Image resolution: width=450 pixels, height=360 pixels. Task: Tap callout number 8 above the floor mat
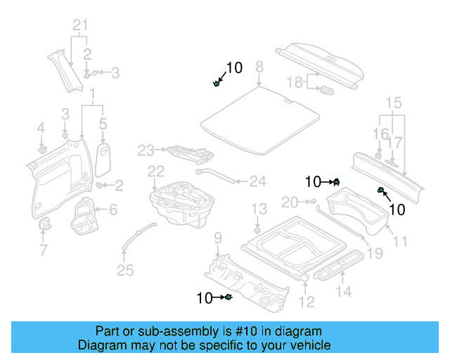click(259, 67)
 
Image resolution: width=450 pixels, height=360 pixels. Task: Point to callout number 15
click(394, 103)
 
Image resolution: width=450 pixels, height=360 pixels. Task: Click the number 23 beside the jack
click(146, 150)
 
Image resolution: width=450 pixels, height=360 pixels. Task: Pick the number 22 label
click(155, 172)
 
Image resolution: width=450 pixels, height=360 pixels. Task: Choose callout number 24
click(258, 181)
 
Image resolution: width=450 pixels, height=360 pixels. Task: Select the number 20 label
click(290, 202)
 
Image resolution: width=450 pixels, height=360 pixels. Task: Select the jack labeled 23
click(186, 151)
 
